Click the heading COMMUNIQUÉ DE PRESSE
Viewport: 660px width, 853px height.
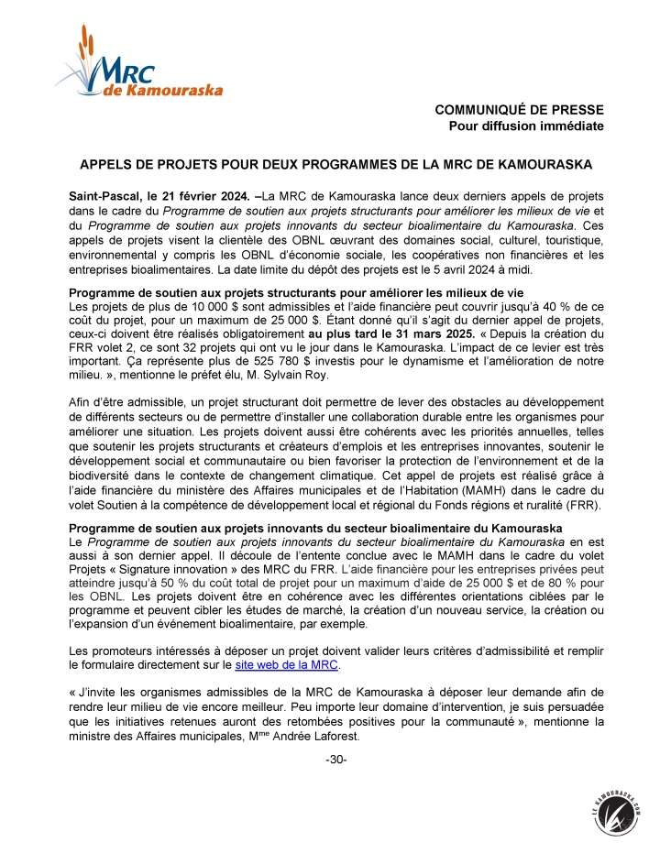[x=519, y=111]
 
